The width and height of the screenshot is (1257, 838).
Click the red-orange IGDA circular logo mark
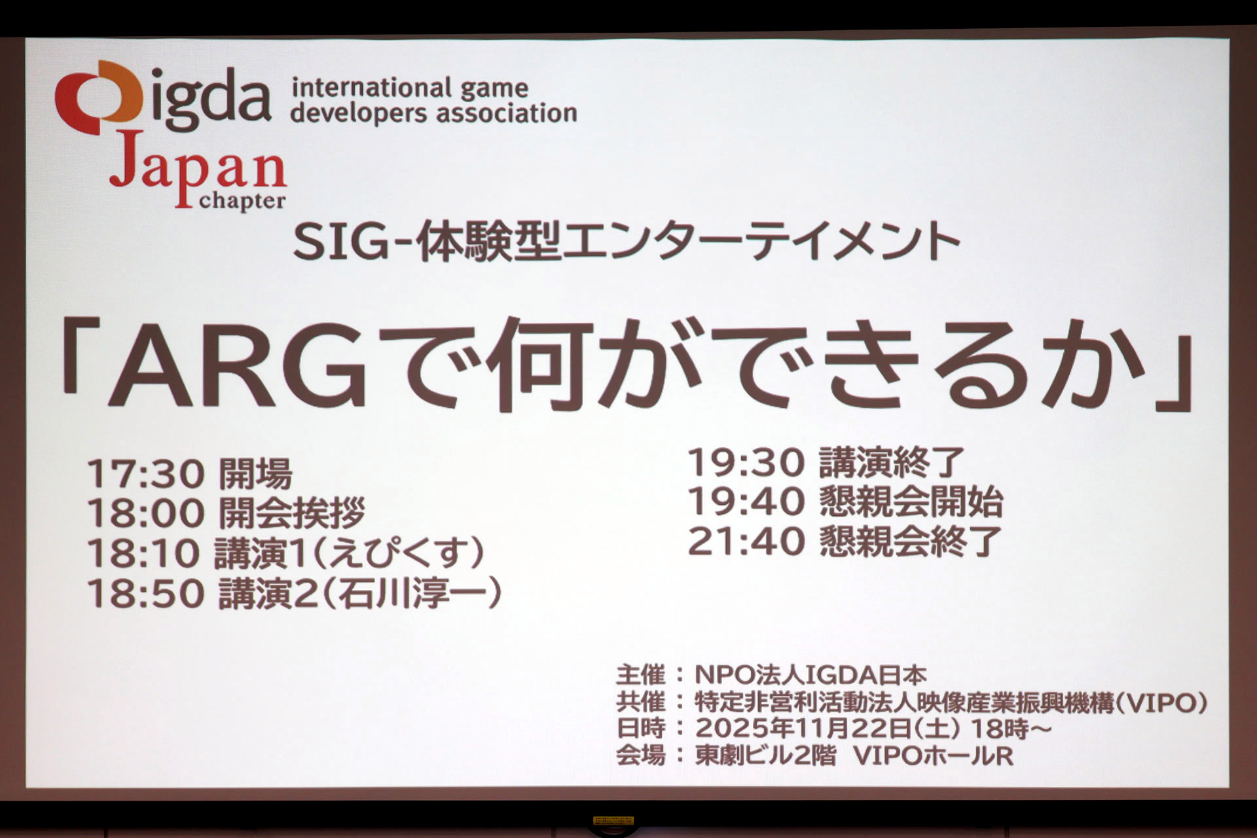(98, 98)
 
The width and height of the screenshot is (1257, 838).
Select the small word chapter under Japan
(242, 201)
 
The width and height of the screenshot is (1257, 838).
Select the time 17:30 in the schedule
(146, 473)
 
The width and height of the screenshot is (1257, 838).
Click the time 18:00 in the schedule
(146, 513)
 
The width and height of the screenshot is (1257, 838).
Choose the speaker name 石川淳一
(412, 594)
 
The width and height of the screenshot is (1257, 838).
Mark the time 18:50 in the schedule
(146, 594)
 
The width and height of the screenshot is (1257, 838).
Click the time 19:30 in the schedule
(746, 463)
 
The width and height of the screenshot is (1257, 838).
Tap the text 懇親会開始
(911, 502)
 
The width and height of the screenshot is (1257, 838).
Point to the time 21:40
(746, 541)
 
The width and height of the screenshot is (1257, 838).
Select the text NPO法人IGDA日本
(811, 675)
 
